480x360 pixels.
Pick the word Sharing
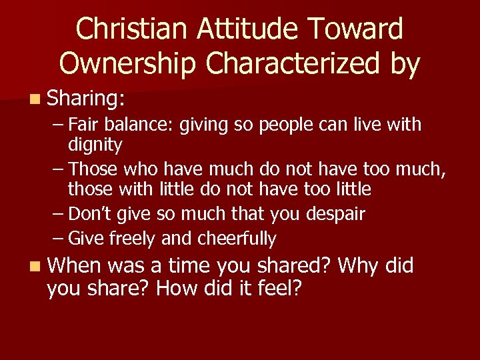(86, 99)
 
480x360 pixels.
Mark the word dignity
(95, 145)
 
